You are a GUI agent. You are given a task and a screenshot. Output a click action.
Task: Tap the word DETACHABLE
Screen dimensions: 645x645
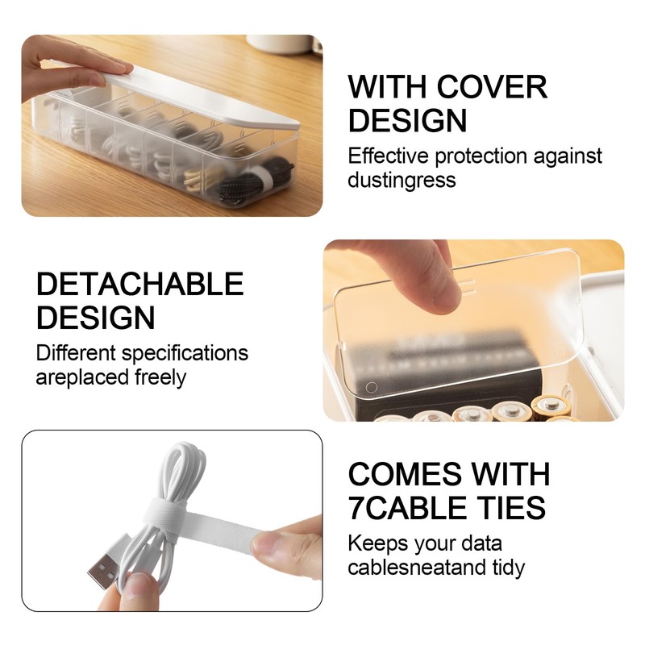click(139, 284)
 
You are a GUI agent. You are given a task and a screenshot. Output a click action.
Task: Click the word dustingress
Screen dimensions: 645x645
click(402, 179)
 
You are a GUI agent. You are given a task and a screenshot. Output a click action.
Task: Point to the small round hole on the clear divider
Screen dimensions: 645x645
click(371, 387)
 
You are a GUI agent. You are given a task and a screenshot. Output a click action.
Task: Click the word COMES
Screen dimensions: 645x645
click(405, 473)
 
